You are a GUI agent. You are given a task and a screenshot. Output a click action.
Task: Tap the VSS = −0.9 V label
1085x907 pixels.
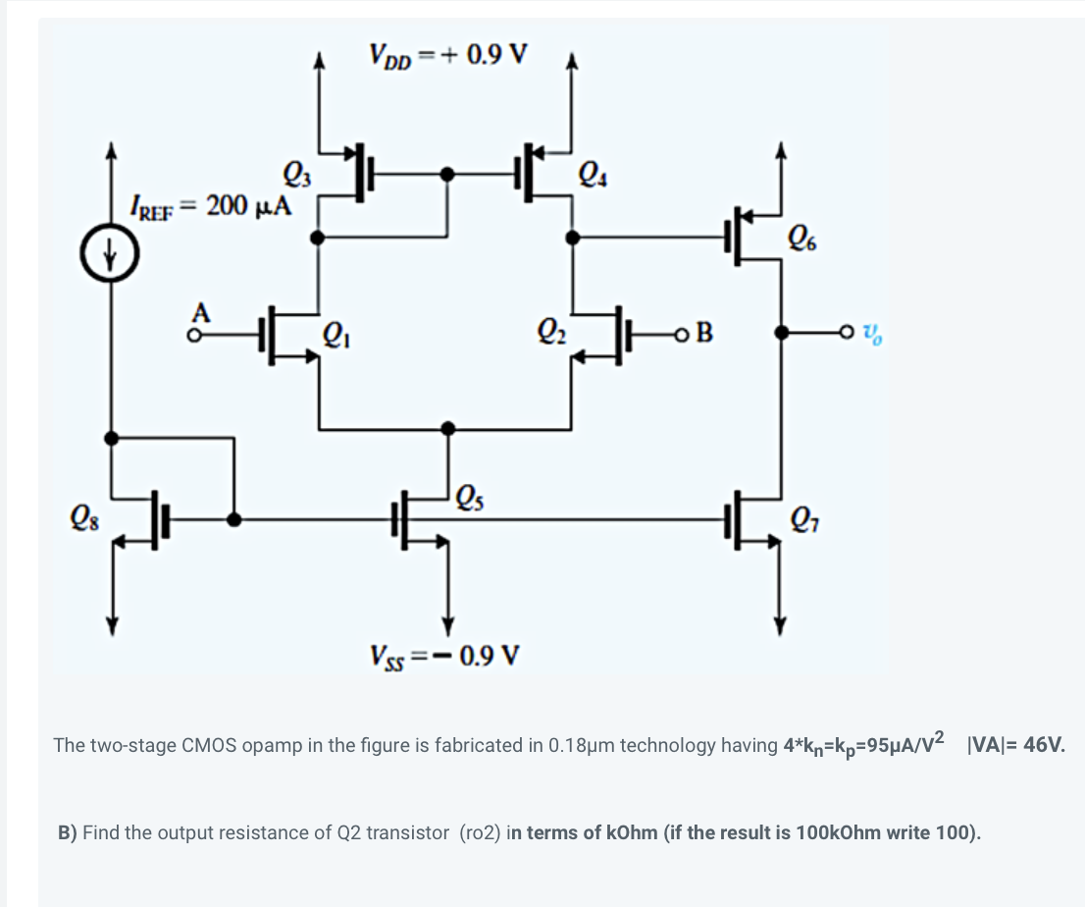[445, 654]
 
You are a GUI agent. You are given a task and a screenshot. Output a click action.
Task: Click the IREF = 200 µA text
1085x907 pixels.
[211, 205]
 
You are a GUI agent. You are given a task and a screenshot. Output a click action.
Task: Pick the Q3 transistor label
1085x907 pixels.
[295, 177]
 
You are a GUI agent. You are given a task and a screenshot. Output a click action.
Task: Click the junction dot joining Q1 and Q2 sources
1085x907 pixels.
[448, 428]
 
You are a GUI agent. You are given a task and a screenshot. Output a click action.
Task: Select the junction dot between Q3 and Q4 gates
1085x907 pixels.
[448, 175]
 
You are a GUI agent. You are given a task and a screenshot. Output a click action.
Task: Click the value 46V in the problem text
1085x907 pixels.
[1043, 745]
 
